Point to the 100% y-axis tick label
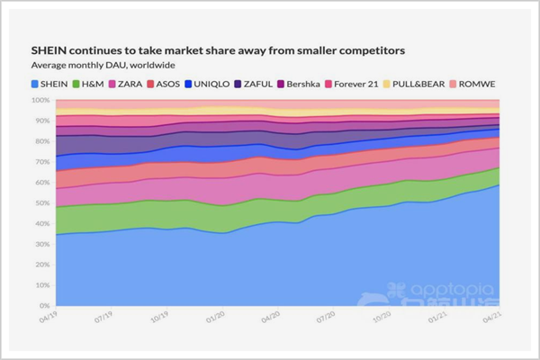click(42, 100)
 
